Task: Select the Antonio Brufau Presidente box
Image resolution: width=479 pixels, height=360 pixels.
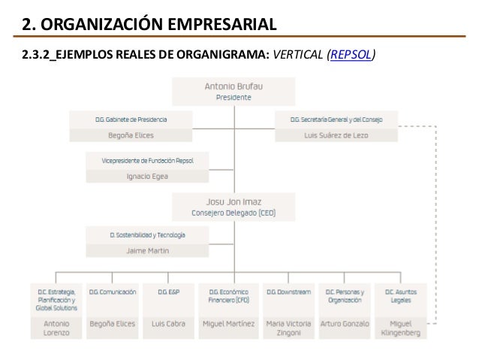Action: coord(233,92)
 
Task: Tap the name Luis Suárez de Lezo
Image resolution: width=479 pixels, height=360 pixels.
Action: coord(336,135)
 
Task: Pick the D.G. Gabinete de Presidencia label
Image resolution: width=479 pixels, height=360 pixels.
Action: coord(131,119)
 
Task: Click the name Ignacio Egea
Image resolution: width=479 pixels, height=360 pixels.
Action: coord(147,177)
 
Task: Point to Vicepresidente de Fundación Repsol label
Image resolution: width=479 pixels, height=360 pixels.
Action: coord(147,161)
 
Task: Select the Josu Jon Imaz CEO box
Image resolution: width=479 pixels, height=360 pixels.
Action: coord(233,207)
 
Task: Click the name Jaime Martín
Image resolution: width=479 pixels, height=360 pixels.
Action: coord(147,250)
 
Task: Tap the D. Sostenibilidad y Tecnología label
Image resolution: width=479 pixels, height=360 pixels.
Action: coord(147,234)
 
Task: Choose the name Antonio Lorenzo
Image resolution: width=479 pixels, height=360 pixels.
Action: coord(56,328)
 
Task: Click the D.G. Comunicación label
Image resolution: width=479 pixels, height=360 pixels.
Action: coord(113,292)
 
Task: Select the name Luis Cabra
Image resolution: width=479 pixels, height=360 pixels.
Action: coord(168,324)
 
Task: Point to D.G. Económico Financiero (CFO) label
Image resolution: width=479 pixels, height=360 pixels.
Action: coord(228,295)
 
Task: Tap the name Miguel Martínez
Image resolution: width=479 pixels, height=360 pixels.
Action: coord(228,324)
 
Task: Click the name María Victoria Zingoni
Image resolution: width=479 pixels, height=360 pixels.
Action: coord(288,328)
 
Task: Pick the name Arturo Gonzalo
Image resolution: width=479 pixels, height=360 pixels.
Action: coord(345,324)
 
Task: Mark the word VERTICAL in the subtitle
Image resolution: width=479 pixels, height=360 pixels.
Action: coord(300,55)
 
